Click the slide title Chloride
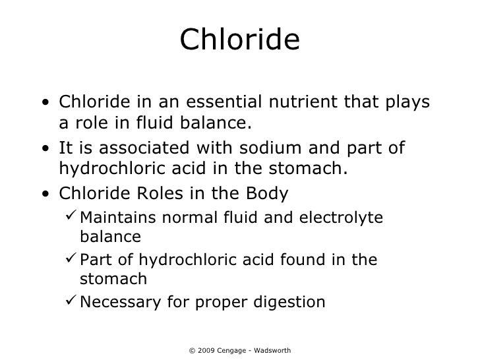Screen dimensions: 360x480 click(239, 41)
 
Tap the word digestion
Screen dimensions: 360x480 click(287, 303)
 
